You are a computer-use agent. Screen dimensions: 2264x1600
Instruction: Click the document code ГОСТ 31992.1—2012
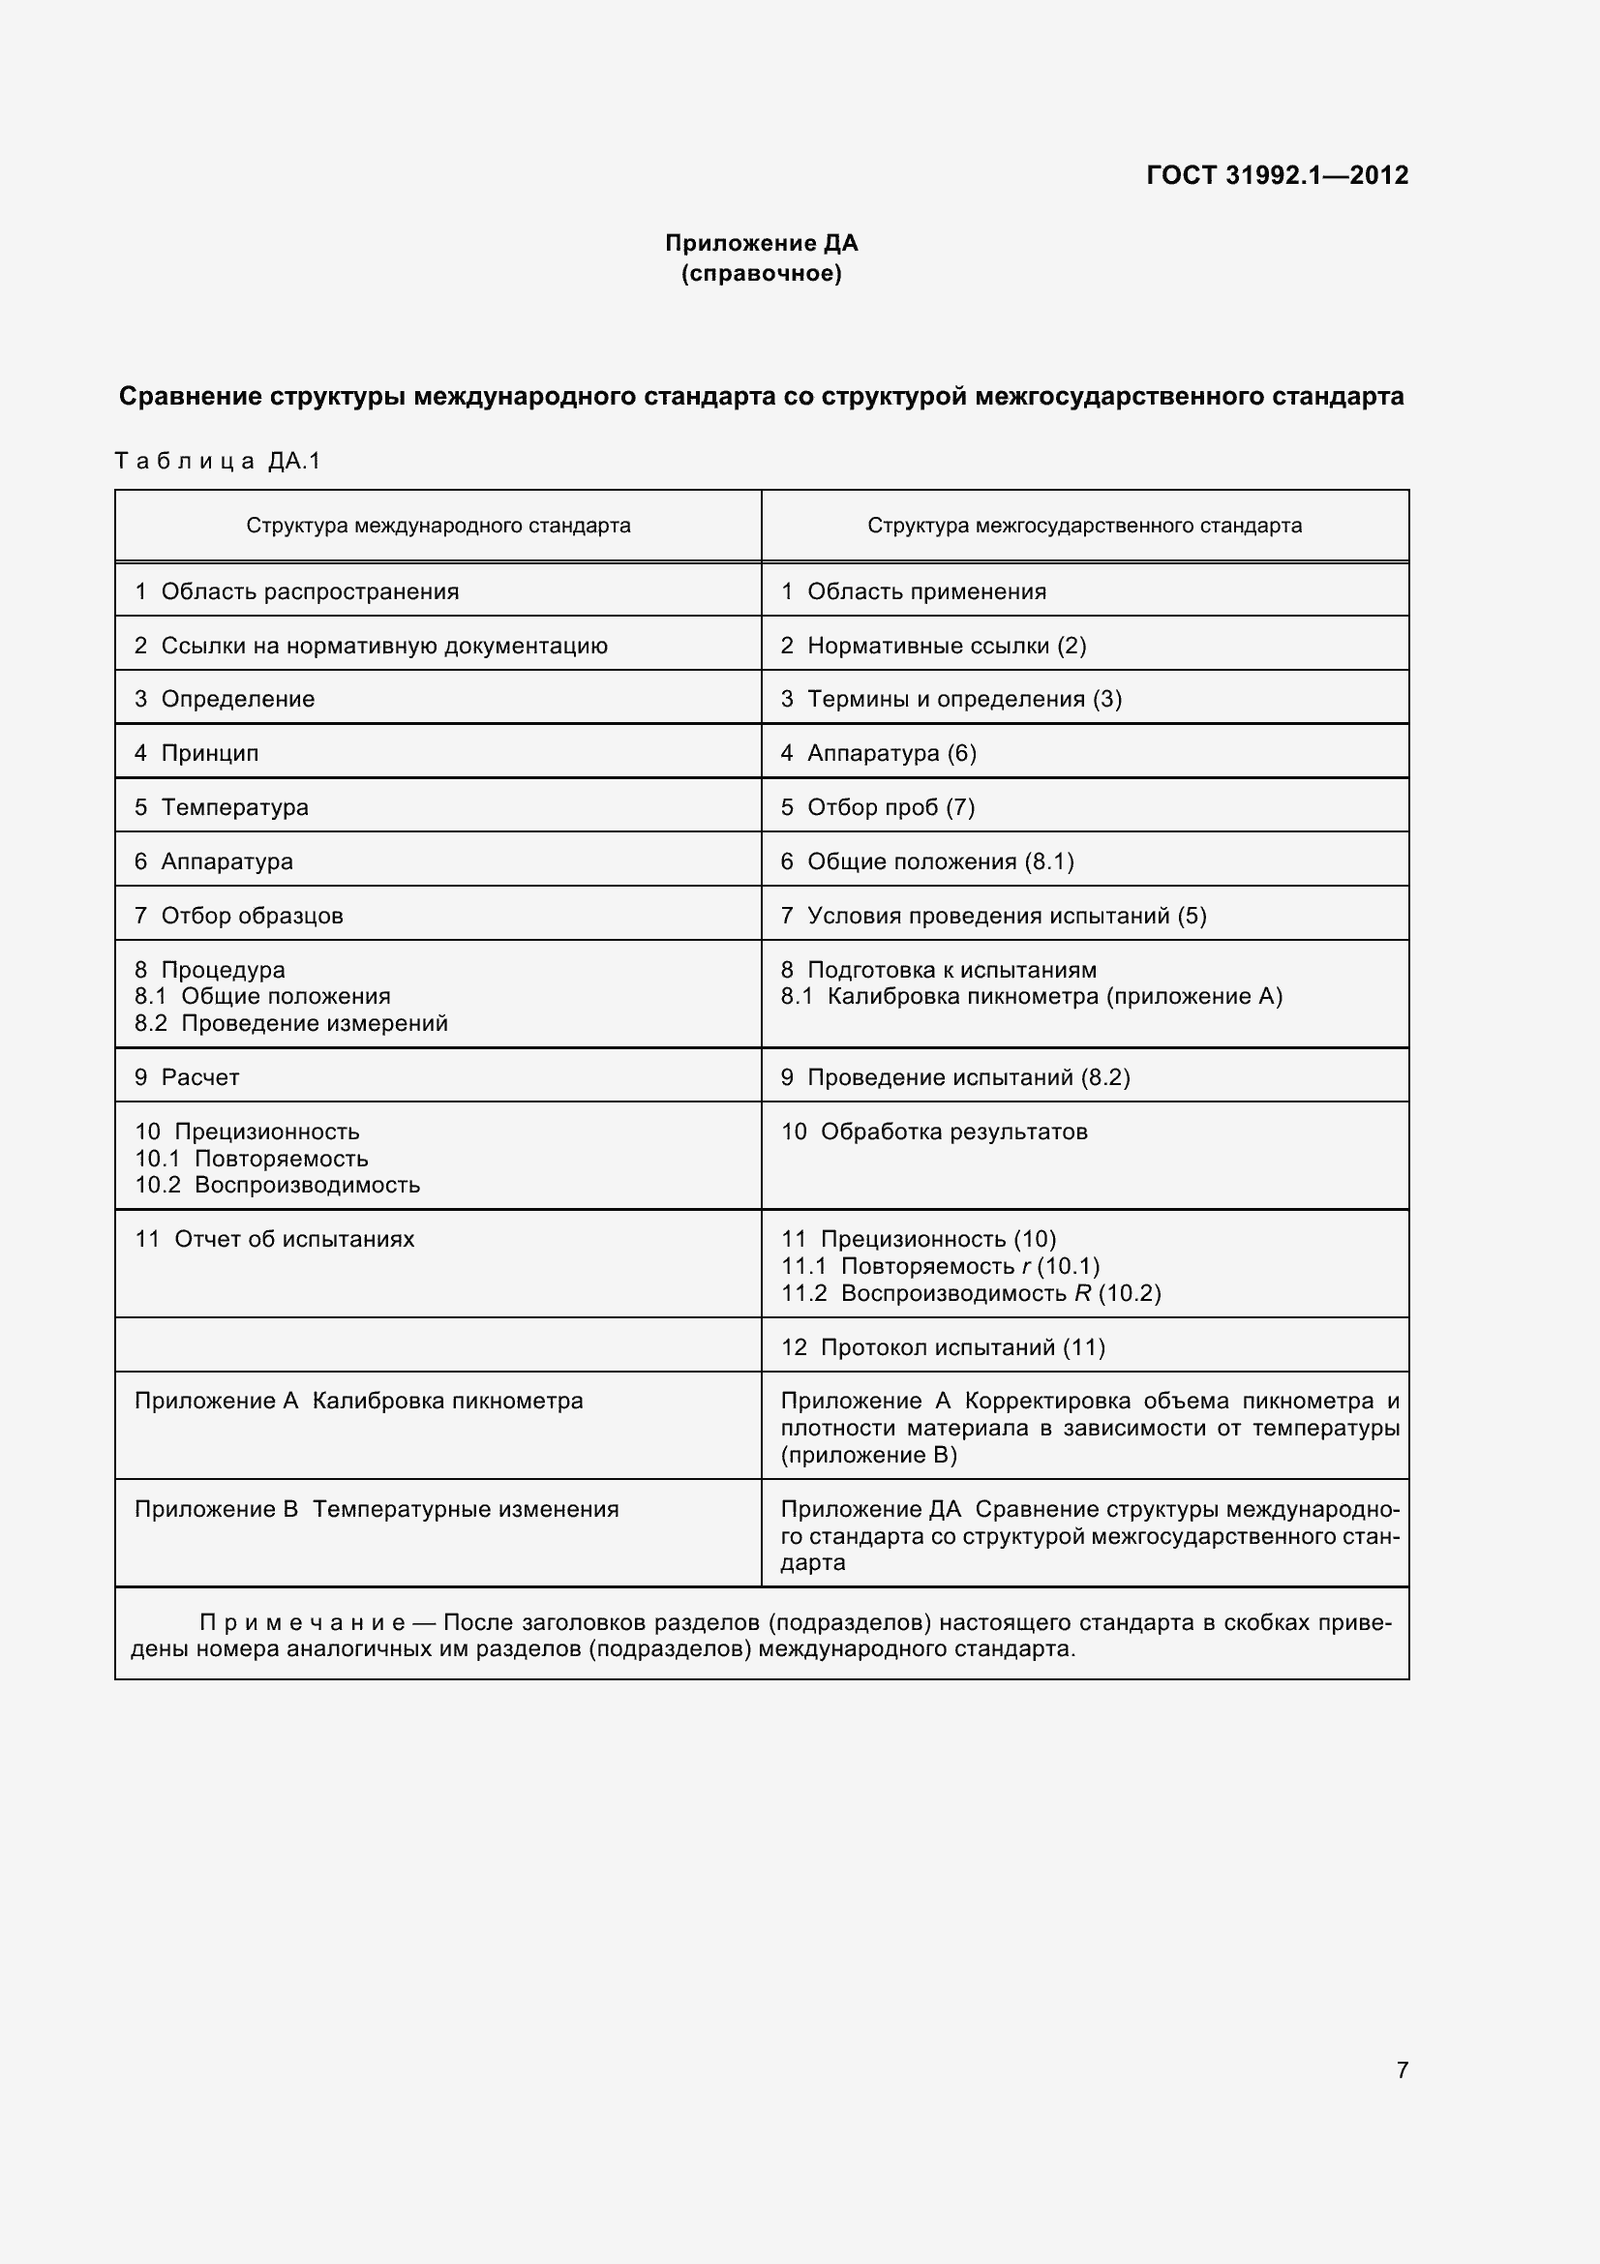1277,175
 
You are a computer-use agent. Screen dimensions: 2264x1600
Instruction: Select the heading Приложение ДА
761,243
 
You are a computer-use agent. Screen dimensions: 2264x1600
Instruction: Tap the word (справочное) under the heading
761,273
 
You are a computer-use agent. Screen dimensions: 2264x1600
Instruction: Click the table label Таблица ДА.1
218,461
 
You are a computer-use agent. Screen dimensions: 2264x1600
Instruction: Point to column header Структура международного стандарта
438,526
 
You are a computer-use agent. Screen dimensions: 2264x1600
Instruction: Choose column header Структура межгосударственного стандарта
1083,526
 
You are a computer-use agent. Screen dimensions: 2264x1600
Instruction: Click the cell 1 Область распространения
297,591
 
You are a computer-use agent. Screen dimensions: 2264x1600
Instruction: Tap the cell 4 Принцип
196,753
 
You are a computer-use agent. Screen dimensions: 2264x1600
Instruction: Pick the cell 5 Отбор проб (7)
877,807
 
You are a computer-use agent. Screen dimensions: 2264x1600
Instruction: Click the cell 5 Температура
221,807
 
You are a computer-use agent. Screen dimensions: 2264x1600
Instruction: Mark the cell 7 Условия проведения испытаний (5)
993,915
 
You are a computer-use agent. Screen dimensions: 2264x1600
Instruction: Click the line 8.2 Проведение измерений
290,1023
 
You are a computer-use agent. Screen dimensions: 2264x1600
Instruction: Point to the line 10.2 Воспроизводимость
277,1186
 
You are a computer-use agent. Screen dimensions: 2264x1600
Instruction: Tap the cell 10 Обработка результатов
934,1132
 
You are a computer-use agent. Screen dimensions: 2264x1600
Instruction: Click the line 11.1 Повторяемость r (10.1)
940,1266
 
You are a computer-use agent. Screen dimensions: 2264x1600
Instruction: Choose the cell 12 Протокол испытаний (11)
943,1347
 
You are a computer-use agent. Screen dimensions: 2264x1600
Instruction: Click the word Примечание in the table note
302,1623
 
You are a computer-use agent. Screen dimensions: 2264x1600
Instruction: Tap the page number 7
1402,2069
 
